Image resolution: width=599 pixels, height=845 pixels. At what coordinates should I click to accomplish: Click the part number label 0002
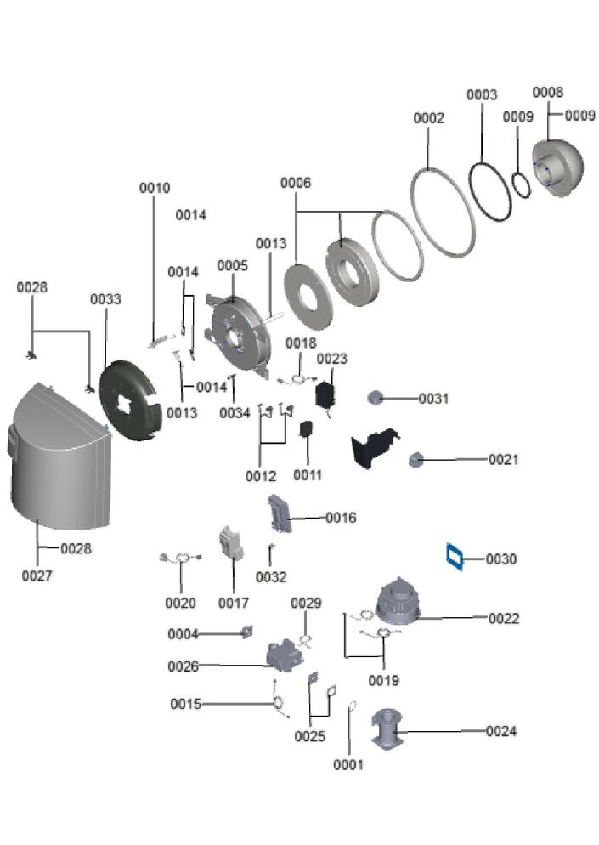coord(429,118)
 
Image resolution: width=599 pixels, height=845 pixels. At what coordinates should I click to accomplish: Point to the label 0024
coord(500,731)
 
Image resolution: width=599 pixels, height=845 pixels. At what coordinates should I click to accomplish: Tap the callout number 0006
coord(296,183)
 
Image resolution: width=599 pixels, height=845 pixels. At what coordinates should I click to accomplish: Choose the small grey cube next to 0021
coord(416,459)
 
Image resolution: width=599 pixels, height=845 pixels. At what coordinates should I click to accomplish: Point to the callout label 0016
coord(341,518)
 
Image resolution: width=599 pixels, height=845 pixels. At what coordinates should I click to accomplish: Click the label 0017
coord(233,604)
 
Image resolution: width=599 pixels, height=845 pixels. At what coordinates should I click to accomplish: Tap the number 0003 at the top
coord(482,94)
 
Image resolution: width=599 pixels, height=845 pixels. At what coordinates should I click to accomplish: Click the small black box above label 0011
coord(307,432)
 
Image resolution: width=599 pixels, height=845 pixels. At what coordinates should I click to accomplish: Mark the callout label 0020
coord(180,604)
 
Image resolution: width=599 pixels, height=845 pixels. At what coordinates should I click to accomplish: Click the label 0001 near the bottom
coord(348,765)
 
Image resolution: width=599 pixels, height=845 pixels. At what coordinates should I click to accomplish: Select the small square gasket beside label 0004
coord(247,632)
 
